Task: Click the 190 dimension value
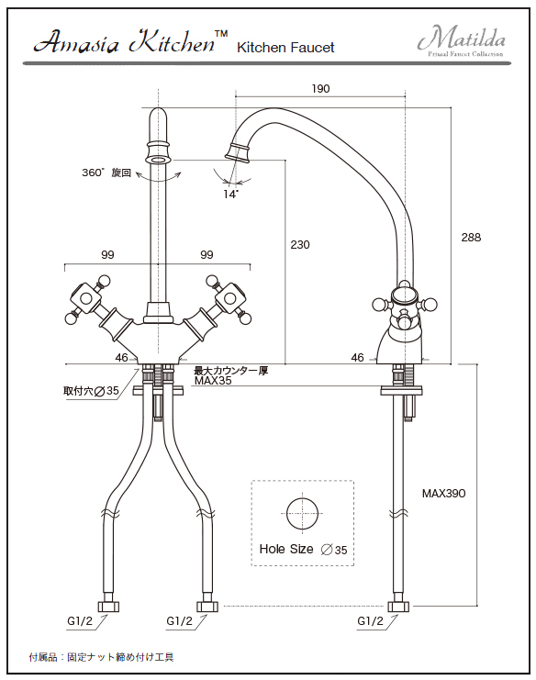click(x=320, y=88)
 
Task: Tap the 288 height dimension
click(x=471, y=237)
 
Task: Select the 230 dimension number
click(x=300, y=245)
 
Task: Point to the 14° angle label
click(x=230, y=194)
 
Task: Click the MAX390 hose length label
click(x=443, y=493)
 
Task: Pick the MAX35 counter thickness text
click(x=213, y=381)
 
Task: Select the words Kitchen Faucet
click(x=285, y=48)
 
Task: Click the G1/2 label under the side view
click(x=371, y=621)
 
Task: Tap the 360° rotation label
click(x=106, y=173)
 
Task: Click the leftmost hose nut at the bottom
click(x=108, y=606)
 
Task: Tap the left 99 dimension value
click(x=107, y=254)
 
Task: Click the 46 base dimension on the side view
click(x=357, y=357)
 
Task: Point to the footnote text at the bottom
click(x=102, y=657)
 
